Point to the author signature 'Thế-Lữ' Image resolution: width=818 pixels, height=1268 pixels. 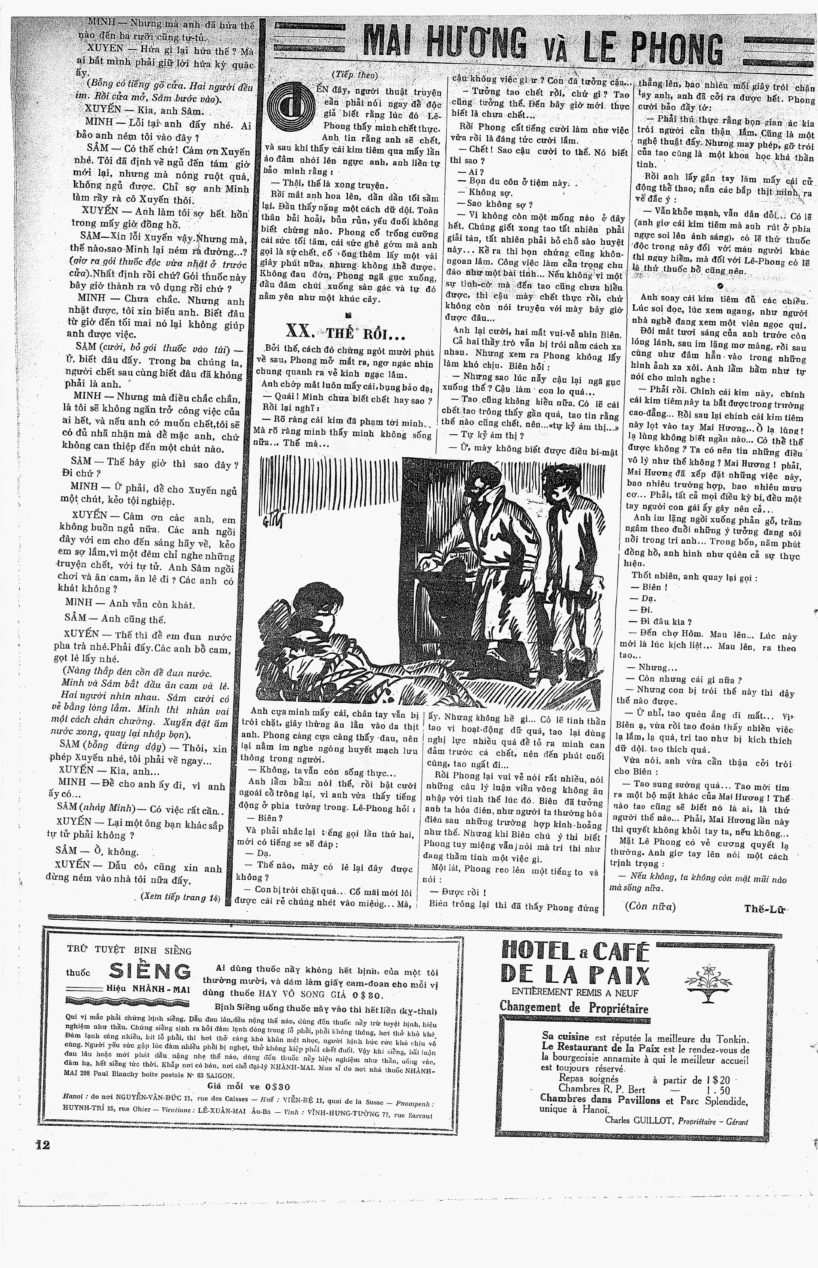pyautogui.click(x=765, y=908)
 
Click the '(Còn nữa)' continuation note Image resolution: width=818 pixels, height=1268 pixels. pyautogui.click(x=650, y=907)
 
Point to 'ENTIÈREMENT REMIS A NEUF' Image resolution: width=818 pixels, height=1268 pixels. pyautogui.click(x=575, y=992)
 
